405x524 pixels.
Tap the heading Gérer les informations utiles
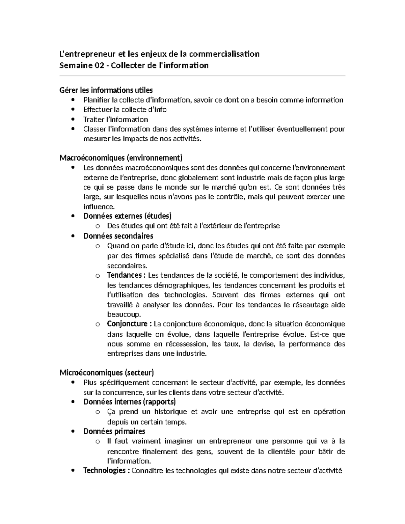click(x=106, y=90)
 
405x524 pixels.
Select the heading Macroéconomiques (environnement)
click(x=121, y=158)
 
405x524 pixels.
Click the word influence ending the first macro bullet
click(x=99, y=206)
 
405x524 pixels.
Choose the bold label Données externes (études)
click(x=127, y=216)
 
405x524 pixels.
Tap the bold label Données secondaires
click(x=118, y=236)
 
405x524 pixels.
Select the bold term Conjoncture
click(x=127, y=324)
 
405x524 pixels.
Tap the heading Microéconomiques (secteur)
click(x=107, y=373)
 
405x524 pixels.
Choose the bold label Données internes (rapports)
click(x=130, y=402)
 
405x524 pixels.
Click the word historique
click(x=170, y=412)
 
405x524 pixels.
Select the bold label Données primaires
click(x=114, y=431)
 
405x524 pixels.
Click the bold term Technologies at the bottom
click(x=104, y=471)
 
